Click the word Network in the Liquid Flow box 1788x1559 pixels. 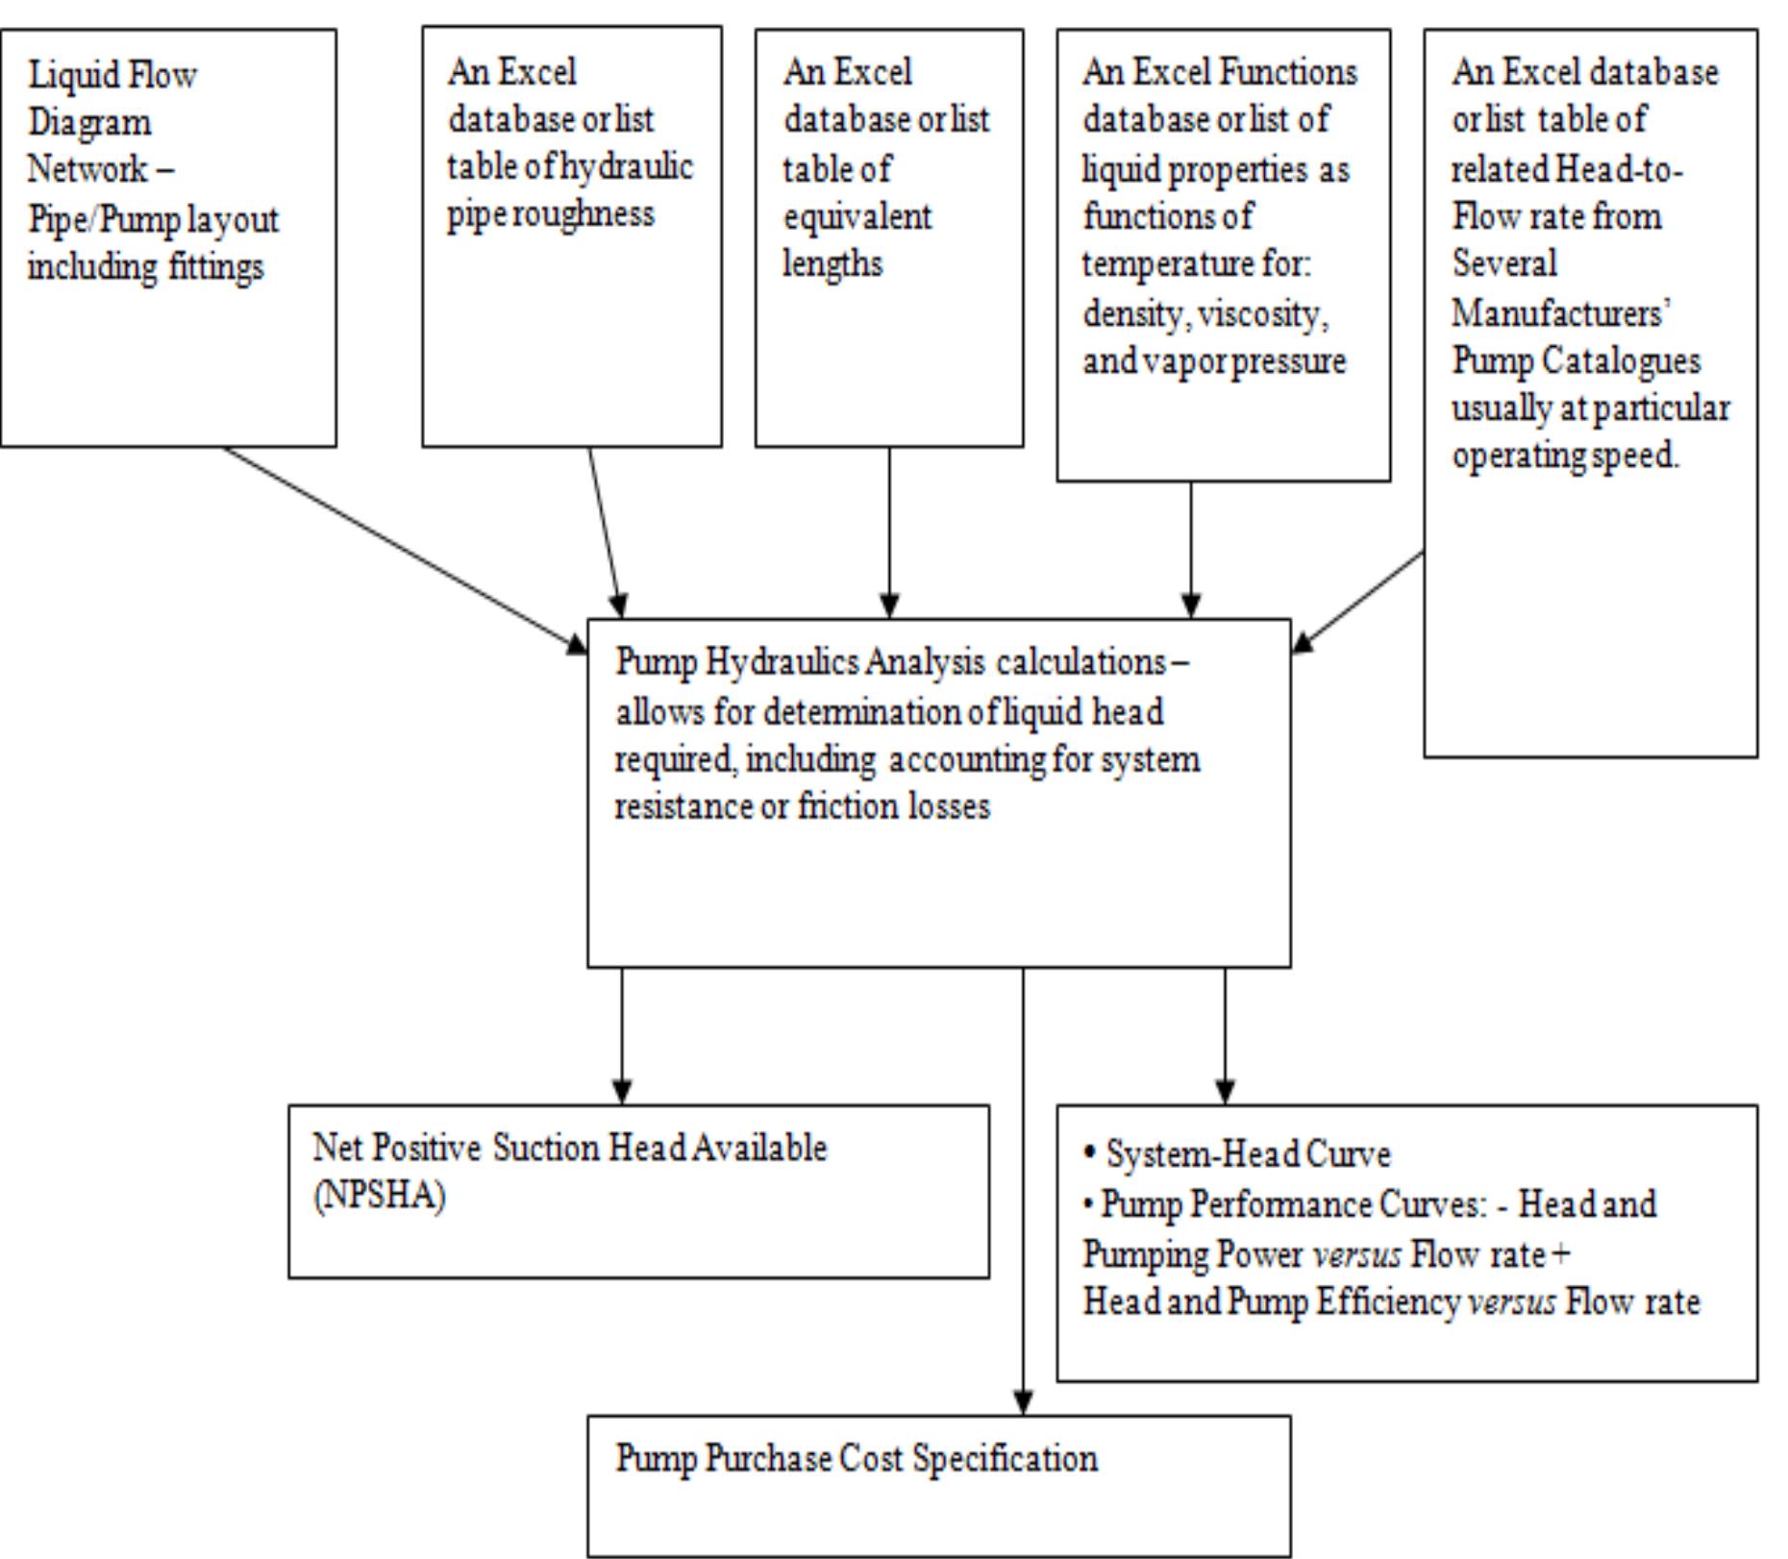tap(87, 169)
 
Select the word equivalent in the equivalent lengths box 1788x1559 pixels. tap(857, 216)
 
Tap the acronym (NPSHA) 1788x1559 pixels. tap(379, 1197)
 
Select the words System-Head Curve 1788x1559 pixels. tap(1247, 1153)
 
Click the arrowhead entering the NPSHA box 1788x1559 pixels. tap(622, 1092)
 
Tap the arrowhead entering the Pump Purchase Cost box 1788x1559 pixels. tap(1023, 1402)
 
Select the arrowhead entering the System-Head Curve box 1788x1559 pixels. tap(1225, 1092)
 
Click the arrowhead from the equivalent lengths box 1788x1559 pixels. tap(889, 606)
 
